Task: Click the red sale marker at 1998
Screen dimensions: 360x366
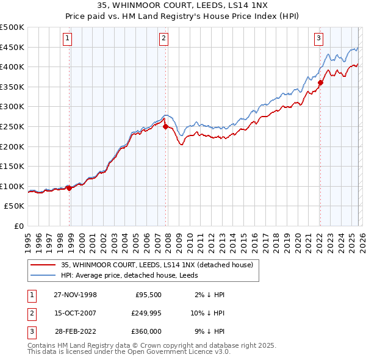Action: (x=69, y=188)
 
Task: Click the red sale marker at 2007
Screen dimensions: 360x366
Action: (x=165, y=127)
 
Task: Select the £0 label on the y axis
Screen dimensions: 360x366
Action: (x=18, y=226)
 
